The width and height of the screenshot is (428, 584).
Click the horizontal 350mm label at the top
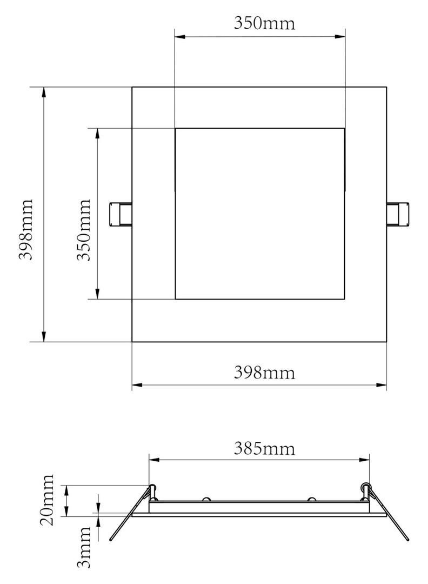264,23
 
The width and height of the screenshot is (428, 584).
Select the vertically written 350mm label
83,230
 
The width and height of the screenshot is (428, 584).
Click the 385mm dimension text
264,448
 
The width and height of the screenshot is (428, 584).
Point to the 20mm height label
48,500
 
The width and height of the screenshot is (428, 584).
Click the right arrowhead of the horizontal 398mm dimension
382,385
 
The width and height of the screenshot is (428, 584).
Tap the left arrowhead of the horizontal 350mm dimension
180,36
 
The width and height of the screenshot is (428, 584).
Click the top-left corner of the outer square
132,87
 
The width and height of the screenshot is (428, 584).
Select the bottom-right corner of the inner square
344,299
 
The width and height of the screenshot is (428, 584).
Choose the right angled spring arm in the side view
390,514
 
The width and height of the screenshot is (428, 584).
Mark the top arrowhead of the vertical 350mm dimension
97,134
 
